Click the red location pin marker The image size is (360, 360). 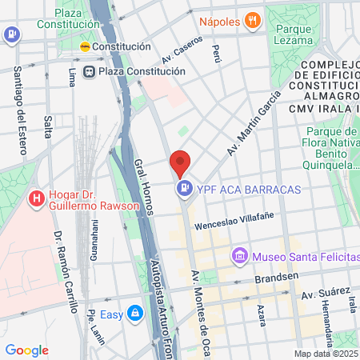tap(180, 162)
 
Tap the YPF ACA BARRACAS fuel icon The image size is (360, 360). tap(185, 189)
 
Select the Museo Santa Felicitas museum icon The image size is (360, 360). tap(238, 256)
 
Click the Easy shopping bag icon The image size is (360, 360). tap(136, 314)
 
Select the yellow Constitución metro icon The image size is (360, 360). tap(86, 46)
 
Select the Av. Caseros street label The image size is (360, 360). tap(177, 50)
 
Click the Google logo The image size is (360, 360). tap(26, 350)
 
